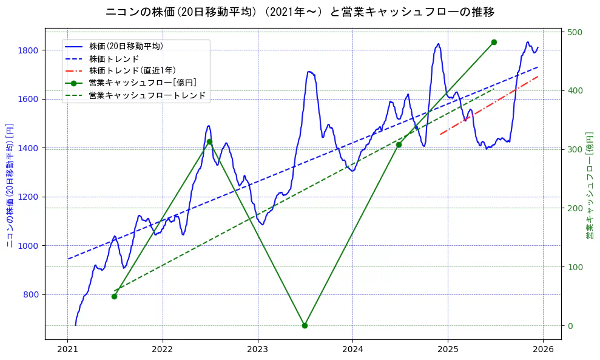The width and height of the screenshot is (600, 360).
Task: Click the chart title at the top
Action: coord(300,12)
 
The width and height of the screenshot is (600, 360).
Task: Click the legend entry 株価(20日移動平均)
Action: coord(126,46)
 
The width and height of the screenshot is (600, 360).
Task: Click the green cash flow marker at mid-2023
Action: coord(305,325)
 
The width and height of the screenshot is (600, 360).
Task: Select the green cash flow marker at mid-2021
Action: coord(114,296)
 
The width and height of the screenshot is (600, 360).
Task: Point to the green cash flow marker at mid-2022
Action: coord(209,141)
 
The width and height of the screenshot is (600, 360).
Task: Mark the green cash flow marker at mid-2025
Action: coord(494,42)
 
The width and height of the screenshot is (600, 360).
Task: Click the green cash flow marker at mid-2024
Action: coord(399,144)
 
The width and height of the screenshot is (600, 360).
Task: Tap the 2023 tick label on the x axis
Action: coord(257,350)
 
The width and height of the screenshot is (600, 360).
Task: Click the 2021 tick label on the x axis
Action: coord(67,350)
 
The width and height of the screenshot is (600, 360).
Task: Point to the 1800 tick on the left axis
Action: coord(30,50)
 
